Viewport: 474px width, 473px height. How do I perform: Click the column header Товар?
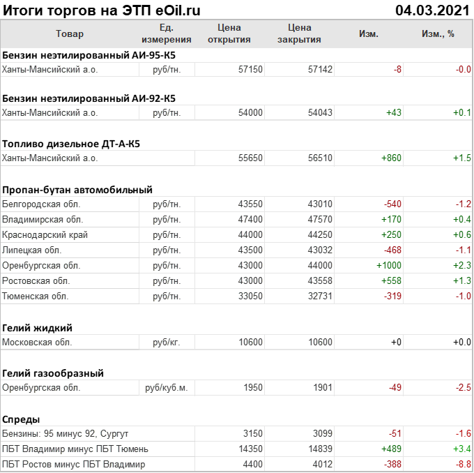pyautogui.click(x=69, y=33)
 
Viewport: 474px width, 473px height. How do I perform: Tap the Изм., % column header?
pyautogui.click(x=438, y=33)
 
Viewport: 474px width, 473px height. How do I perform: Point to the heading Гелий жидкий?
pyautogui.click(x=38, y=328)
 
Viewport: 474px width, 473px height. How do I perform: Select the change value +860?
pyautogui.click(x=391, y=158)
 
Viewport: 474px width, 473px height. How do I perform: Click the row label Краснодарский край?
pyautogui.click(x=45, y=235)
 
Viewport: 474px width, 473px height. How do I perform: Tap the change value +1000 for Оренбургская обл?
pyautogui.click(x=389, y=266)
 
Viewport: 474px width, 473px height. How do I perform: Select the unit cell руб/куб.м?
pyautogui.click(x=166, y=388)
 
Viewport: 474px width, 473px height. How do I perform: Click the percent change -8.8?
pyautogui.click(x=462, y=465)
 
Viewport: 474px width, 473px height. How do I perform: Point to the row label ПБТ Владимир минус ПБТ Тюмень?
pyautogui.click(x=75, y=449)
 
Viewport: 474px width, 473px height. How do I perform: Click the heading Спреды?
pyautogui.click(x=21, y=419)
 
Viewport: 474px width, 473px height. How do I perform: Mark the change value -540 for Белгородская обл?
pyautogui.click(x=392, y=204)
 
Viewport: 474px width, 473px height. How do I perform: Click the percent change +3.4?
pyautogui.click(x=462, y=449)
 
